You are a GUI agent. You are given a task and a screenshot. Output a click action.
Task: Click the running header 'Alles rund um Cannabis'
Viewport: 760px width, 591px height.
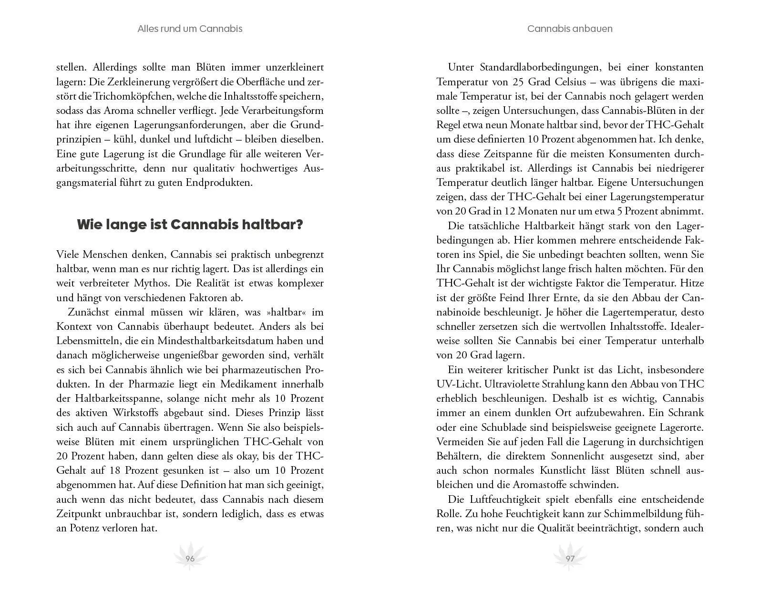190,29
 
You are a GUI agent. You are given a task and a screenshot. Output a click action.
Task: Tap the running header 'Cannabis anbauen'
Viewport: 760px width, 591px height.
570,29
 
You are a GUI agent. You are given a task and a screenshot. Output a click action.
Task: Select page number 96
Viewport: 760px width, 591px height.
190,559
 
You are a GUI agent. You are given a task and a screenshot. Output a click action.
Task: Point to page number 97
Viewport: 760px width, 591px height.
570,559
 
